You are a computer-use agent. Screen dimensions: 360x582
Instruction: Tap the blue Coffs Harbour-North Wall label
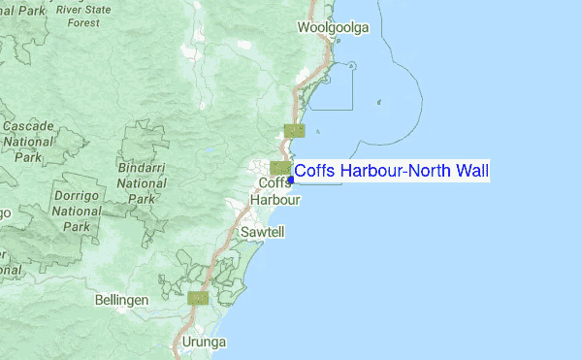click(391, 172)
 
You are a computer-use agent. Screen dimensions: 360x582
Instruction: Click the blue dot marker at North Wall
click(291, 180)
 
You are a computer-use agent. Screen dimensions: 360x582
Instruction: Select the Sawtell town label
click(259, 233)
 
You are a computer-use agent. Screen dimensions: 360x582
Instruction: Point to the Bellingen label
click(121, 301)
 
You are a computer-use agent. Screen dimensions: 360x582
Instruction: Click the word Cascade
click(27, 126)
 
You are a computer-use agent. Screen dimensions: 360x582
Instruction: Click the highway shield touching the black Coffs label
click(280, 168)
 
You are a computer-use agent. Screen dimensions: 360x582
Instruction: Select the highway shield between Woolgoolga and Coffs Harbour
click(295, 130)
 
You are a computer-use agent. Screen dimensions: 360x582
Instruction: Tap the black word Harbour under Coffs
click(275, 200)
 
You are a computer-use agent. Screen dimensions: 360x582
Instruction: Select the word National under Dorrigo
click(77, 210)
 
